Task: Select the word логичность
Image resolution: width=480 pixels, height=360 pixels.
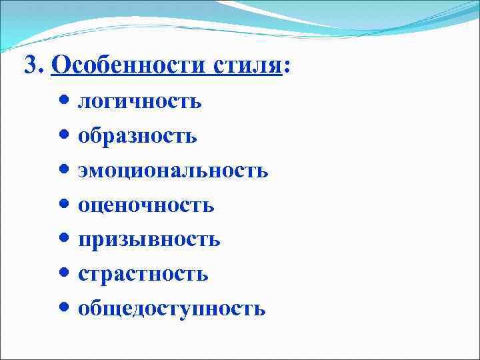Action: tap(139, 101)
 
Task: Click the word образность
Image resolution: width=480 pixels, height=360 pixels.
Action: tap(137, 136)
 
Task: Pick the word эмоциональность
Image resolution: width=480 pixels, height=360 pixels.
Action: tap(173, 171)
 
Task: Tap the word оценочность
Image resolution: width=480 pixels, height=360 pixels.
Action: tap(146, 205)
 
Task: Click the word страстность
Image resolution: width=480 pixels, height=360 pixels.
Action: tap(143, 274)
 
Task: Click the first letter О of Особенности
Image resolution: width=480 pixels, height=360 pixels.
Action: tap(59, 65)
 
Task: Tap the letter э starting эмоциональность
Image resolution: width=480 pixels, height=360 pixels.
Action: tap(83, 171)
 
